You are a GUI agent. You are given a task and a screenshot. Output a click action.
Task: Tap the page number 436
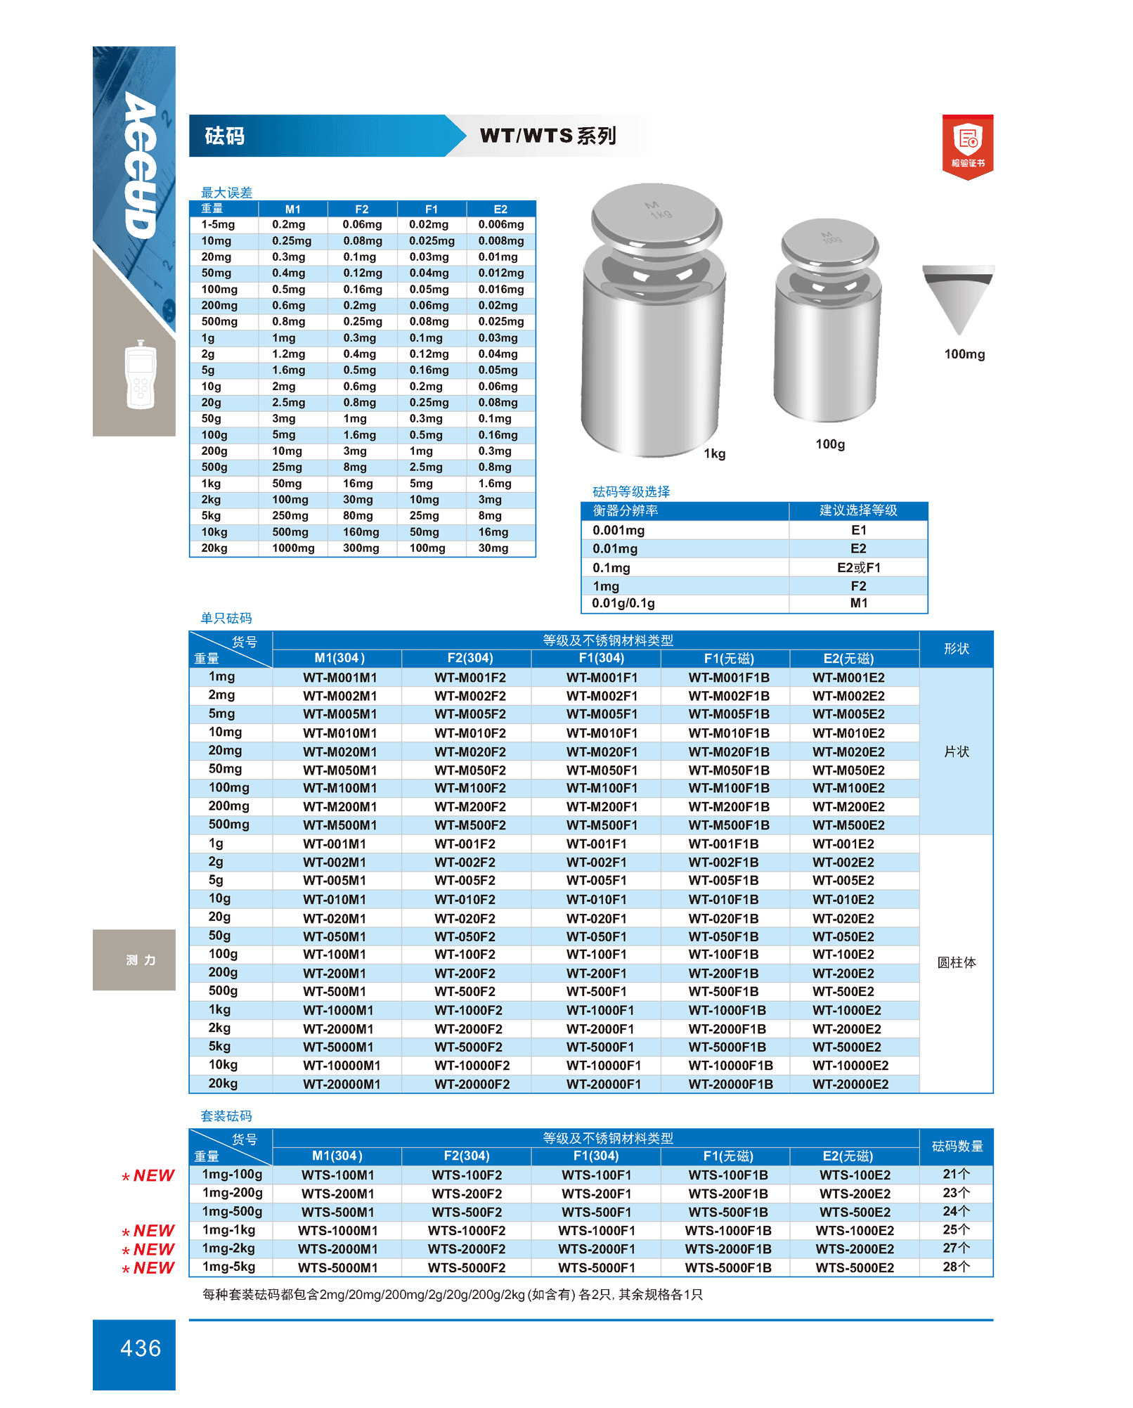coord(141,1348)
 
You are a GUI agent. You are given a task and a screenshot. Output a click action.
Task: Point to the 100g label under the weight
coord(830,444)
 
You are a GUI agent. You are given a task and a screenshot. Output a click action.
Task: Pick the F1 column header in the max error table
coord(431,209)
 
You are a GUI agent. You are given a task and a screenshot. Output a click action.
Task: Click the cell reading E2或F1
coord(858,567)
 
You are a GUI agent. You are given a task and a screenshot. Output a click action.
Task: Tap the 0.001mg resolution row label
coord(619,530)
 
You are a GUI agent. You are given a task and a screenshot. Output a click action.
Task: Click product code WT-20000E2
coord(850,1084)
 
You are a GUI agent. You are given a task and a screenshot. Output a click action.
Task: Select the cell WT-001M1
coord(335,844)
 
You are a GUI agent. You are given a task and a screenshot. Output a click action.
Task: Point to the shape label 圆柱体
coord(956,962)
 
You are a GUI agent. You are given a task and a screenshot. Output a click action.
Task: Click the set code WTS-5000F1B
coord(728,1267)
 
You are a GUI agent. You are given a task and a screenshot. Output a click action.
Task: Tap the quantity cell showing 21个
coord(956,1174)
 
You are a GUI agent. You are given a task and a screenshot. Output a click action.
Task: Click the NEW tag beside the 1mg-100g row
coord(149,1176)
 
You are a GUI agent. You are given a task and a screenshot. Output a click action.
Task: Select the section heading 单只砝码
coord(226,618)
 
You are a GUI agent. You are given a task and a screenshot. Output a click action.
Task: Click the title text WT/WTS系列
coord(548,136)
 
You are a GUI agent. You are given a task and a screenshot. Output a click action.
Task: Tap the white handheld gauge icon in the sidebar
coord(141,374)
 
